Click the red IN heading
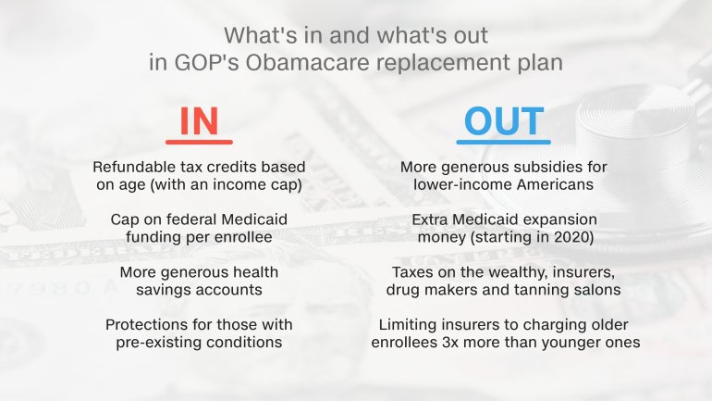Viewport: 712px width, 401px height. (199, 121)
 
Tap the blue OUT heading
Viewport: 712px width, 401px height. (504, 121)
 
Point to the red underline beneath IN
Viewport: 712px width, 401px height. (199, 143)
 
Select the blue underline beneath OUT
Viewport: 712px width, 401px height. (504, 143)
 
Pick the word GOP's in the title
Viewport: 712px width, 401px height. (206, 62)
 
